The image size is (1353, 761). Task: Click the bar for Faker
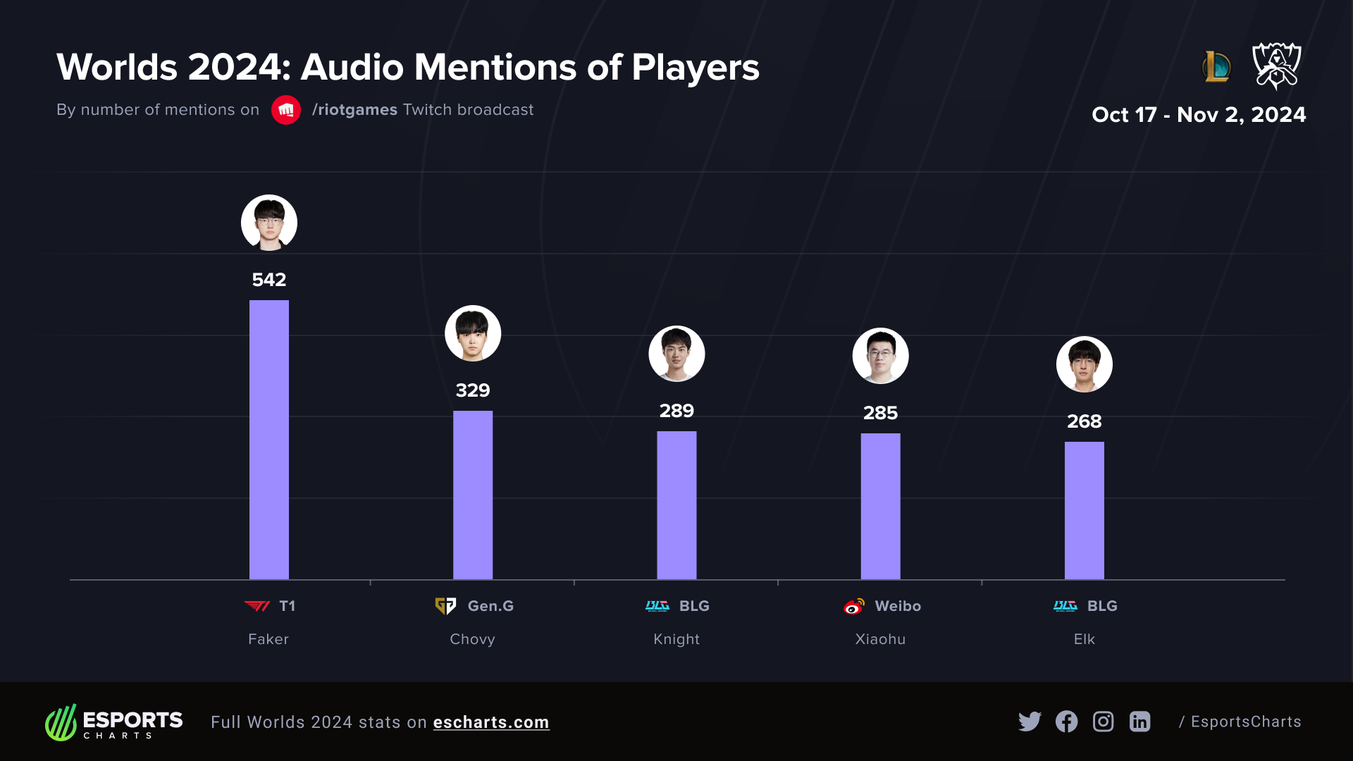pyautogui.click(x=268, y=440)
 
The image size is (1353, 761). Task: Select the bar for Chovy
pyautogui.click(x=472, y=495)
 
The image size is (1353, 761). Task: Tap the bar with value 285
pyautogui.click(x=880, y=506)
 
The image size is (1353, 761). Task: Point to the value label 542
pyautogui.click(x=268, y=280)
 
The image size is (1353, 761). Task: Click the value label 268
pyautogui.click(x=1084, y=421)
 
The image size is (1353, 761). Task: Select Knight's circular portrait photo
pyautogui.click(x=676, y=354)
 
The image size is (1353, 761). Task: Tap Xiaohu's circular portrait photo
pyautogui.click(x=880, y=356)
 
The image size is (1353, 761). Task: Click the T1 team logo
pyautogui.click(x=257, y=606)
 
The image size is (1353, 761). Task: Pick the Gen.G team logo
pyautogui.click(x=445, y=606)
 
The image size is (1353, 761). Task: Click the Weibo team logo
pyautogui.click(x=854, y=606)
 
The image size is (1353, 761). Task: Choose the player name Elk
pyautogui.click(x=1084, y=639)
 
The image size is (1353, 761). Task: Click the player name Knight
pyautogui.click(x=676, y=639)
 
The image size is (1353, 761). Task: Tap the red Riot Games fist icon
pyautogui.click(x=286, y=110)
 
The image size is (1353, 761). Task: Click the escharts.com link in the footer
pyautogui.click(x=491, y=722)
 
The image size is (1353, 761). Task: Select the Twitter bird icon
pyautogui.click(x=1030, y=722)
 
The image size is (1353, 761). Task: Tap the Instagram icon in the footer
pyautogui.click(x=1103, y=722)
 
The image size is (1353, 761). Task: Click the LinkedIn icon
pyautogui.click(x=1139, y=722)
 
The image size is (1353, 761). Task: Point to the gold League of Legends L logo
pyautogui.click(x=1216, y=67)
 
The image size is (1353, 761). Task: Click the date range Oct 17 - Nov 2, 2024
pyautogui.click(x=1198, y=115)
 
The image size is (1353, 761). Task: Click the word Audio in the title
pyautogui.click(x=353, y=68)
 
